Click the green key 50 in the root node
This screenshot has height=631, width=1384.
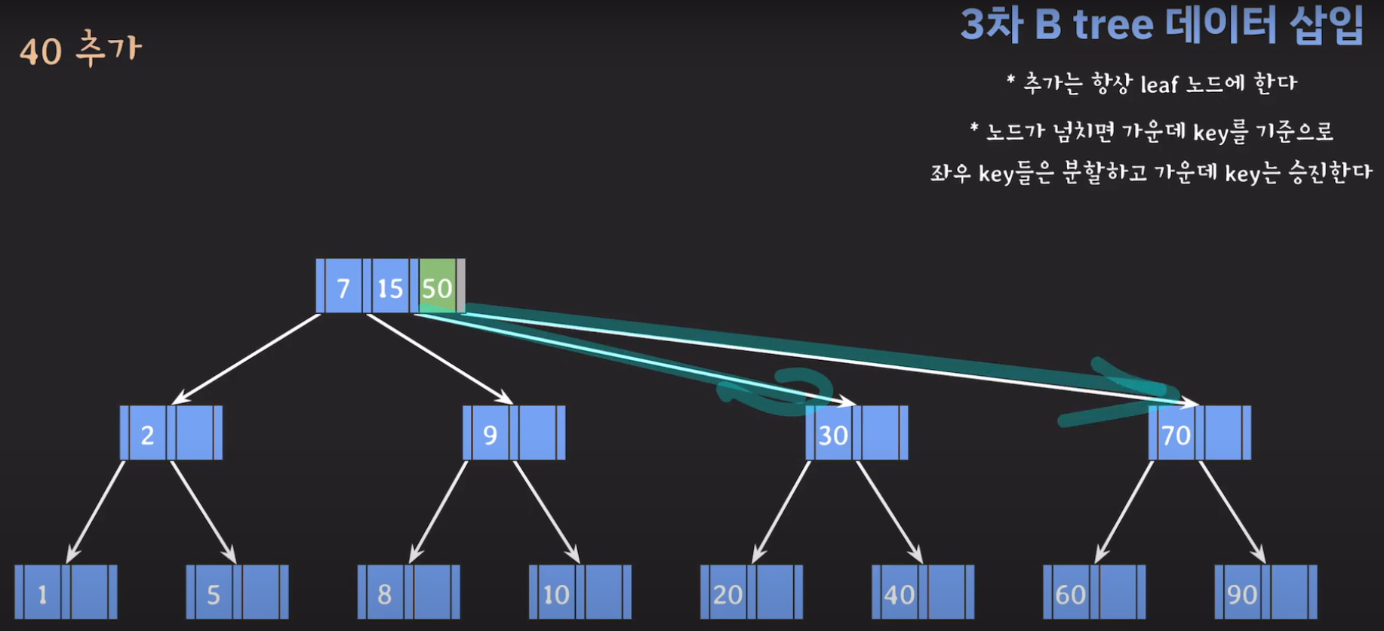[437, 288]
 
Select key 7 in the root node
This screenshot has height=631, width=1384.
[343, 288]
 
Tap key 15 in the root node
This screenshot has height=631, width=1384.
[390, 288]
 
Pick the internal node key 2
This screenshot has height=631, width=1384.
[148, 435]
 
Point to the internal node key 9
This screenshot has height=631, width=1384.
[491, 435]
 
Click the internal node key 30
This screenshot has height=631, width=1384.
[833, 435]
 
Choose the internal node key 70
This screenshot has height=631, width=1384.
[1176, 435]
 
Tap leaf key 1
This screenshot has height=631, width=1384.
[43, 594]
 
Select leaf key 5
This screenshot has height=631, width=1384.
[214, 594]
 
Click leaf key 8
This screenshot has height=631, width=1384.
[385, 594]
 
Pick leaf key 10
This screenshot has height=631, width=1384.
[556, 594]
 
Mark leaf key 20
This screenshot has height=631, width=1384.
[727, 594]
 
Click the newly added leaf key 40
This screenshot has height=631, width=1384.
[899, 594]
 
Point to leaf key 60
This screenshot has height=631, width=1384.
[1070, 594]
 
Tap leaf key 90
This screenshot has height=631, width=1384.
[1241, 594]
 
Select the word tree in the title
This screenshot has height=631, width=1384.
[1113, 25]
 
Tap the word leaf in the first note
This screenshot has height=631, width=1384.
[1158, 84]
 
